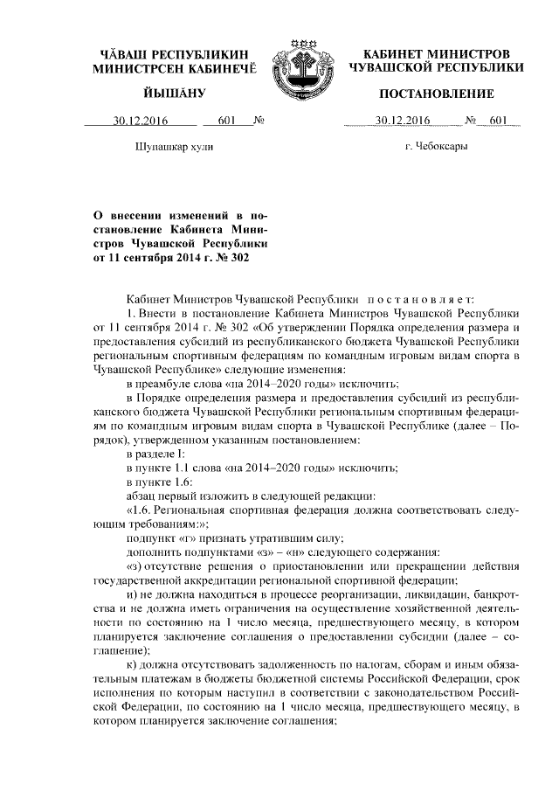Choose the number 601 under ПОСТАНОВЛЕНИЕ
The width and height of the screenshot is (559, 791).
499,121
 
